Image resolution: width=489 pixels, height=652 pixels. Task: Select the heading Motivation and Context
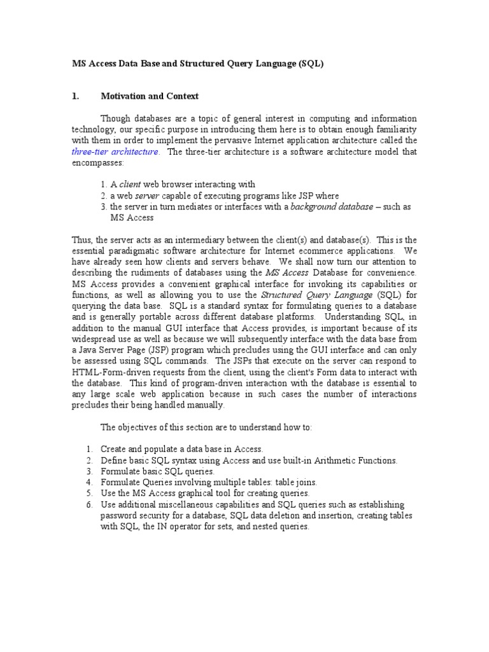[x=150, y=96]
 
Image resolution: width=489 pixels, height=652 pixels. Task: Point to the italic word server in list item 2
[x=146, y=195]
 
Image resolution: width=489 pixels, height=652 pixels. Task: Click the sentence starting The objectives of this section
[x=206, y=428]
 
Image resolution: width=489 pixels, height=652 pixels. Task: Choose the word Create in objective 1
[x=113, y=449]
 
